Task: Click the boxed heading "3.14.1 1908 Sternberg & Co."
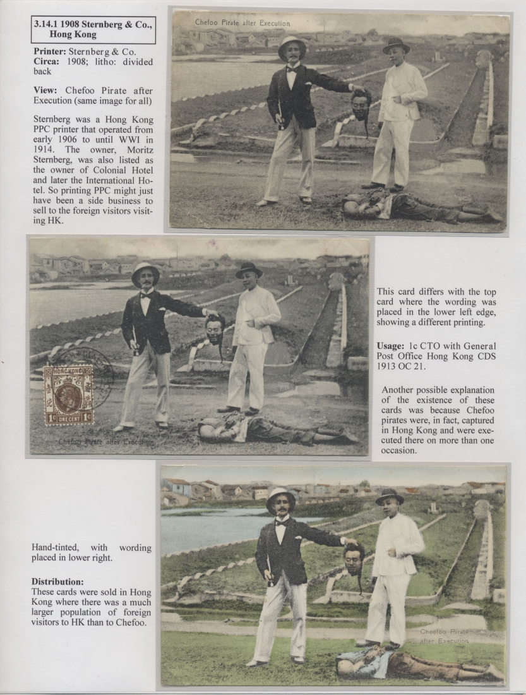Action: point(93,30)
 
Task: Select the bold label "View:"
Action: point(45,90)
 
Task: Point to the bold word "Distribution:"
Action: point(57,581)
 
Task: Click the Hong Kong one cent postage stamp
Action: point(69,395)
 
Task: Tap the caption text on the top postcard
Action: point(242,23)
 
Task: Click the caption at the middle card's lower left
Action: point(105,442)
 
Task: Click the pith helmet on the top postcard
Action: point(292,45)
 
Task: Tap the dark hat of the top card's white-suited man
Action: point(396,45)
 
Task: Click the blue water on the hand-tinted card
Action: point(202,529)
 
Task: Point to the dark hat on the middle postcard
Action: point(248,269)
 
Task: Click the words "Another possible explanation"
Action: point(438,390)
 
